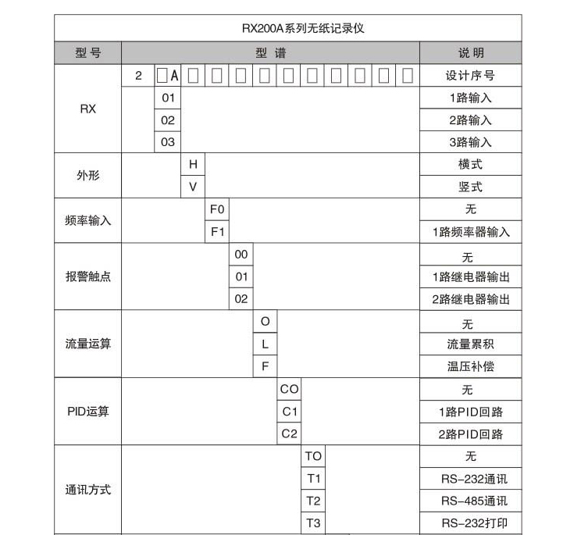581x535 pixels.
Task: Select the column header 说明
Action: point(470,53)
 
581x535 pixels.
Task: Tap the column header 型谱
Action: point(270,53)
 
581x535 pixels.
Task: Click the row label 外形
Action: point(87,176)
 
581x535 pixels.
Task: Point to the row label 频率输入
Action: point(87,221)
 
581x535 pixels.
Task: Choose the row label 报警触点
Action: point(87,276)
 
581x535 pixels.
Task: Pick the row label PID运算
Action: point(87,412)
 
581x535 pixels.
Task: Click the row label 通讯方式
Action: point(87,490)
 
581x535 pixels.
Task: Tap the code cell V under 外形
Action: point(192,187)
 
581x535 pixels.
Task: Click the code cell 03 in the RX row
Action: point(168,142)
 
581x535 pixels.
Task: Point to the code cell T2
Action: point(313,501)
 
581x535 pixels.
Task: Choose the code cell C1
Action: point(289,411)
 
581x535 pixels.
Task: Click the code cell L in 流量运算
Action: point(265,344)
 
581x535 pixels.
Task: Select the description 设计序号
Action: point(470,76)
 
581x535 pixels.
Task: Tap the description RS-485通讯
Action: point(470,501)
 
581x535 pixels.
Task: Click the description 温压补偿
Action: point(470,366)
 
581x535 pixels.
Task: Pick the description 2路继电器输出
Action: point(470,299)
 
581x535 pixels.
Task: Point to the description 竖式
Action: point(470,187)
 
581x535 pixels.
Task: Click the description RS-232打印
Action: point(470,523)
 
